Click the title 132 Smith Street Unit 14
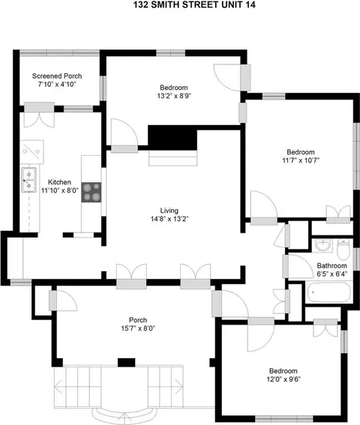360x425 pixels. (194, 4)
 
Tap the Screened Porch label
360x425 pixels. (57, 76)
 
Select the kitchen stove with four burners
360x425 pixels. (91, 192)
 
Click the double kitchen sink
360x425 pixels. (28, 180)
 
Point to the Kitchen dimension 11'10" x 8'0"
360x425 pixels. (60, 190)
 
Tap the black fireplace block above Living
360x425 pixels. (172, 137)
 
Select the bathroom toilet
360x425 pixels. (343, 249)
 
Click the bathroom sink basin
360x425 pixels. (322, 246)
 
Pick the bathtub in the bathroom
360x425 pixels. (328, 292)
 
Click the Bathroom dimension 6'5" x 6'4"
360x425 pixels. (332, 274)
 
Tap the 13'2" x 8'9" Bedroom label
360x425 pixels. (173, 91)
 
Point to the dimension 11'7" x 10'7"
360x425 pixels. (301, 160)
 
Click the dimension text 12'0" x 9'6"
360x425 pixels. (283, 379)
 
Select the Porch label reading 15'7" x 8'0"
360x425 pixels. (138, 324)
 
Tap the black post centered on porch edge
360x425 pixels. (127, 362)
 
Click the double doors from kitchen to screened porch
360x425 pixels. (39, 115)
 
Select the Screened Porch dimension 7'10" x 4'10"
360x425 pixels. (57, 84)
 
